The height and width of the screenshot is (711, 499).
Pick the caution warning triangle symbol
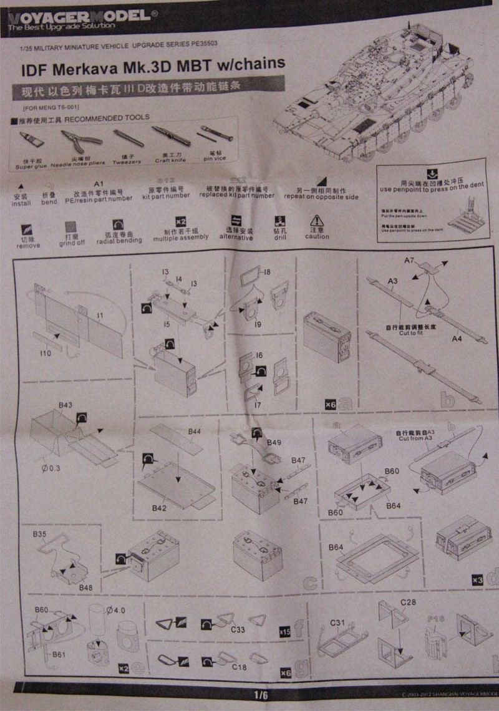click(x=317, y=221)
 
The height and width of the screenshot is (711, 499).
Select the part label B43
click(x=65, y=405)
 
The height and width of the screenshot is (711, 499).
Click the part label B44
click(x=195, y=431)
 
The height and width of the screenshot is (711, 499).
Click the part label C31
click(x=337, y=622)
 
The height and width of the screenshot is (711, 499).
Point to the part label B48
click(x=85, y=588)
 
